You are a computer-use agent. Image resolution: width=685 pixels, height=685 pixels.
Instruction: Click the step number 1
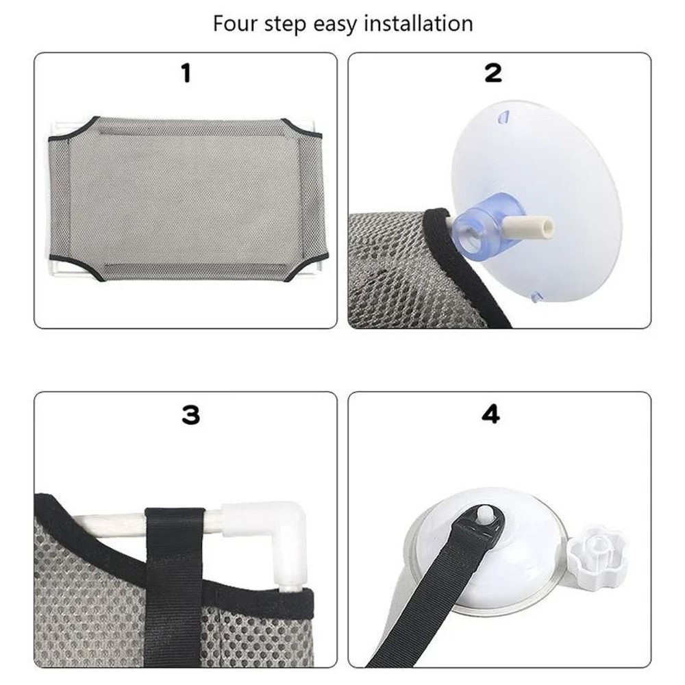click(186, 73)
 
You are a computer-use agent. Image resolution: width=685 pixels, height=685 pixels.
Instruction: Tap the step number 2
click(493, 73)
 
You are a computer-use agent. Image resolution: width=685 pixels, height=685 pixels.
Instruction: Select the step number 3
click(190, 415)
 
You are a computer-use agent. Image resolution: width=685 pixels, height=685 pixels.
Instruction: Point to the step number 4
click(491, 415)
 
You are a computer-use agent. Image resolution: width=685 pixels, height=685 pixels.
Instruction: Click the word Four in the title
click(235, 24)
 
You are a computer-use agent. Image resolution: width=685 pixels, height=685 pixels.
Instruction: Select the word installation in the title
click(419, 24)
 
